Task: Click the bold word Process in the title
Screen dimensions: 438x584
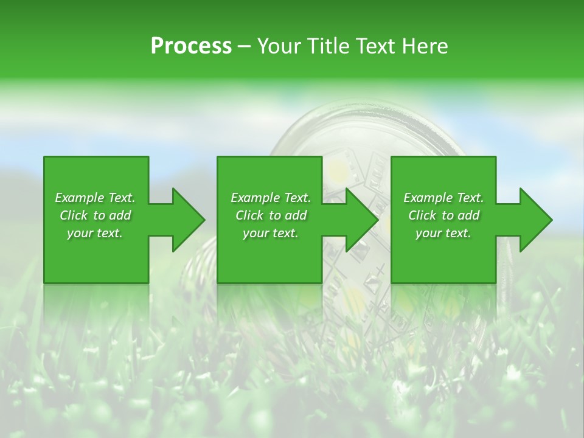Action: tap(191, 46)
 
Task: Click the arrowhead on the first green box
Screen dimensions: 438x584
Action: tap(186, 220)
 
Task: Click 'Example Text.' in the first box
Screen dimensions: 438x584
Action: tap(95, 198)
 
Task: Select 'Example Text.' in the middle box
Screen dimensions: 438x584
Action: tap(271, 198)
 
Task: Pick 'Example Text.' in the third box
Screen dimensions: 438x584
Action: tap(443, 198)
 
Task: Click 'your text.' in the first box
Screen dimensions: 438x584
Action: tap(95, 233)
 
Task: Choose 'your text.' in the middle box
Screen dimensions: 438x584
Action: tap(271, 233)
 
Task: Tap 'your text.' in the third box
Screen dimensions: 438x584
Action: tap(443, 233)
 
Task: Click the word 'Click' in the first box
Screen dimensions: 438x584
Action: tap(74, 215)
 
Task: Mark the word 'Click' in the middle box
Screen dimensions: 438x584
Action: tap(249, 215)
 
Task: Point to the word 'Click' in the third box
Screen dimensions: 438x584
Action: tap(422, 215)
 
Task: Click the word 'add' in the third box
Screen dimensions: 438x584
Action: tap(468, 215)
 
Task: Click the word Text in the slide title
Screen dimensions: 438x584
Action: tap(377, 46)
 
